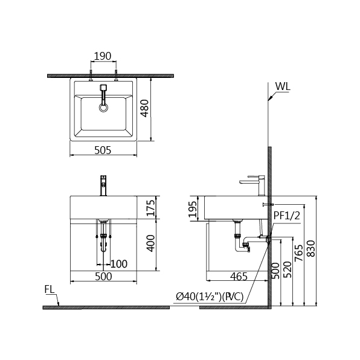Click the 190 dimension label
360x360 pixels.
coord(103,56)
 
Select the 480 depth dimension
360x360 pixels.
coord(144,108)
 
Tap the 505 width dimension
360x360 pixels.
coord(103,150)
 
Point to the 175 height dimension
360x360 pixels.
coord(150,208)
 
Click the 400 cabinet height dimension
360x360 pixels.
coord(150,243)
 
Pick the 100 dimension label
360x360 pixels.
coord(119,264)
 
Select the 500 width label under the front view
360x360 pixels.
coord(103,277)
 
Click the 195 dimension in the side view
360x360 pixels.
coord(193,209)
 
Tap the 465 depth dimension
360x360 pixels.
coord(239,277)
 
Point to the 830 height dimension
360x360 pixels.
coord(311,248)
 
